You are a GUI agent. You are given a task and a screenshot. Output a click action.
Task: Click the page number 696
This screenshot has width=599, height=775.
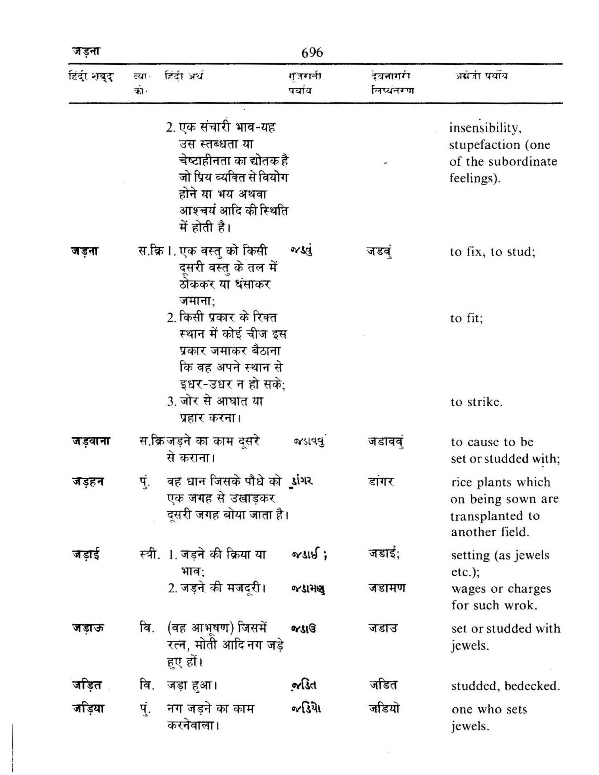312,53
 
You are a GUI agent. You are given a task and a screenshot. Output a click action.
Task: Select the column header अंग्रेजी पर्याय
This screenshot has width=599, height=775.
481,76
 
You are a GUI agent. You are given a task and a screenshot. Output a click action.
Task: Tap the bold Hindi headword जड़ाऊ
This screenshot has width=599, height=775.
86,629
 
